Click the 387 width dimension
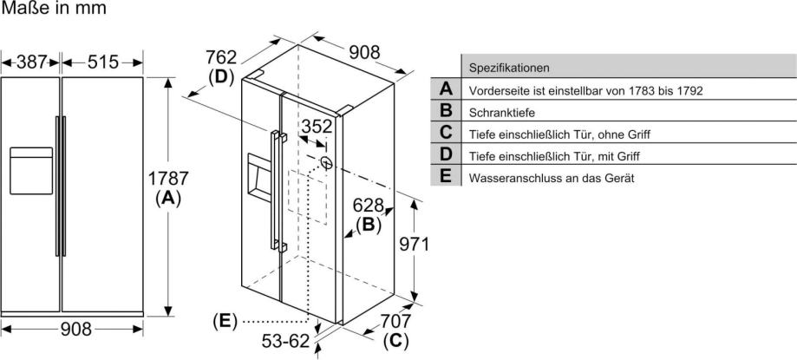pyautogui.click(x=30, y=62)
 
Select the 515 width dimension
pyautogui.click(x=102, y=62)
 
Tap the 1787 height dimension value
pyautogui.click(x=167, y=179)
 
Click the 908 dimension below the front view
pyautogui.click(x=76, y=330)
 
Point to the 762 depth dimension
pyautogui.click(x=221, y=56)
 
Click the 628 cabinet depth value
pyautogui.click(x=368, y=205)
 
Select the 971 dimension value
pyautogui.click(x=413, y=245)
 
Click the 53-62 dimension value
pyautogui.click(x=285, y=341)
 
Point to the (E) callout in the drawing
pyautogui.click(x=225, y=321)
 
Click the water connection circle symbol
pyautogui.click(x=326, y=162)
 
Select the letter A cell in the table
pyautogui.click(x=446, y=89)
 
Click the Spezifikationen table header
pyautogui.click(x=509, y=68)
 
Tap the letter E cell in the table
pyautogui.click(x=446, y=176)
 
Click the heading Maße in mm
pyautogui.click(x=54, y=8)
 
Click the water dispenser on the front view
pyautogui.click(x=31, y=170)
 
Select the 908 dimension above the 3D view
pyautogui.click(x=364, y=52)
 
